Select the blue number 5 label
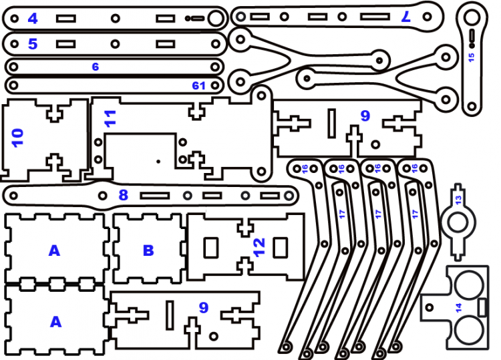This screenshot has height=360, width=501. [33, 45]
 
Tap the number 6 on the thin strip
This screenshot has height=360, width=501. [96, 67]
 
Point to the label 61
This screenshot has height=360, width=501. [198, 85]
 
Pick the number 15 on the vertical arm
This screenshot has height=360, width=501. [471, 57]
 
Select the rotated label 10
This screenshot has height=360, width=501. [18, 138]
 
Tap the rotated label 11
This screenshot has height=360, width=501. [110, 118]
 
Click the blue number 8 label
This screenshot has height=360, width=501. [123, 196]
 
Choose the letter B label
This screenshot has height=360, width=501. [148, 251]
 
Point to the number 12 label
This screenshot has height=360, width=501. [260, 247]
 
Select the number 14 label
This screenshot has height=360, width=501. [458, 307]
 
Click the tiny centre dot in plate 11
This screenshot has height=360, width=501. [158, 161]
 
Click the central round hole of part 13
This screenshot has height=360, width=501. [458, 220]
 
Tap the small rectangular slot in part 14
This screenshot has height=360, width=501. [481, 306]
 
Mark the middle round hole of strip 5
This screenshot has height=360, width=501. [115, 44]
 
